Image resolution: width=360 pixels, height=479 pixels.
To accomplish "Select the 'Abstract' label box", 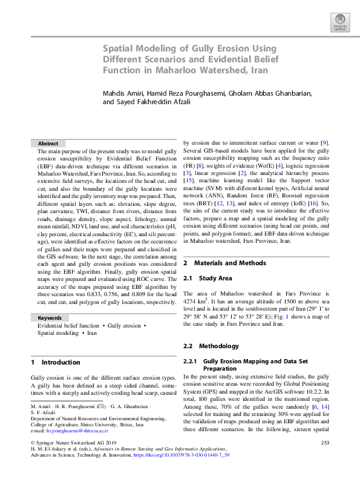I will (x=48, y=143).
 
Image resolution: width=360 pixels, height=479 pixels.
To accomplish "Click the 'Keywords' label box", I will (x=50, y=318).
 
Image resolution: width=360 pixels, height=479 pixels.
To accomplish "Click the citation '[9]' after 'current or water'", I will (x=325, y=141).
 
